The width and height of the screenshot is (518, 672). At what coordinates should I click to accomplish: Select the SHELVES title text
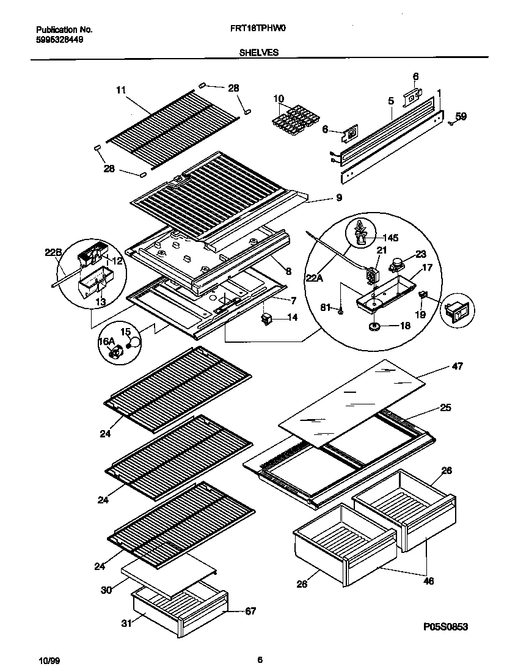click(259, 53)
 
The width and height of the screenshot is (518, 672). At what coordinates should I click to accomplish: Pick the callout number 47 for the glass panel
click(457, 367)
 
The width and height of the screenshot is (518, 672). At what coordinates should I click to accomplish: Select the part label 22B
click(54, 252)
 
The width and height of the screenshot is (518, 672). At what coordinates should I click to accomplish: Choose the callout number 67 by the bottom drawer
click(250, 610)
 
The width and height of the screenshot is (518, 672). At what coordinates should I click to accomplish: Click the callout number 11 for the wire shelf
click(120, 90)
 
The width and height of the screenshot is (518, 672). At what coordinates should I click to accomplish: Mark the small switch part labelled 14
click(266, 318)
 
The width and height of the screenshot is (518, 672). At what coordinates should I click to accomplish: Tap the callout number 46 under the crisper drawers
click(428, 581)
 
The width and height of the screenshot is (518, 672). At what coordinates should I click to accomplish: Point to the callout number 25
click(445, 407)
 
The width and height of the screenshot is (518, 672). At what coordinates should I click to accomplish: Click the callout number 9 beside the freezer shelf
click(338, 197)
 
